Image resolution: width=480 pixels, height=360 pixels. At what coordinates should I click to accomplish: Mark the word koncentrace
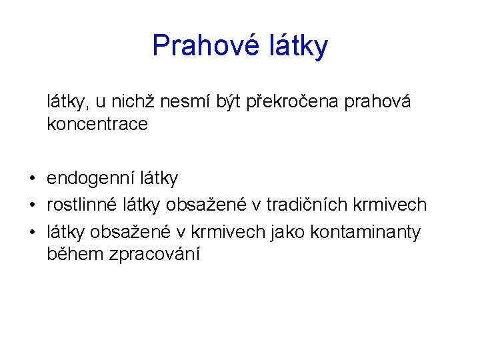pos(97,124)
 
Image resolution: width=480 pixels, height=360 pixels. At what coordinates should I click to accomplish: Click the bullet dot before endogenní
pos(32,179)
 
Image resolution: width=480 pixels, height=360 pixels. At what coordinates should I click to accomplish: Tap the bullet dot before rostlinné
pos(32,205)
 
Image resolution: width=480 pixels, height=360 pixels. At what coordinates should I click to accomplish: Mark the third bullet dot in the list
pos(32,232)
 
